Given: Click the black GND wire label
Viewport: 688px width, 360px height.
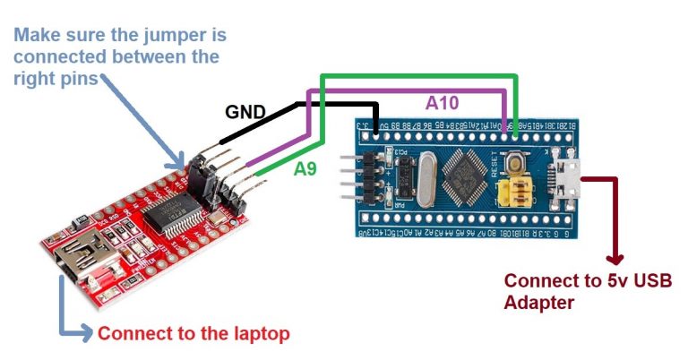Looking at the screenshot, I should [245, 113].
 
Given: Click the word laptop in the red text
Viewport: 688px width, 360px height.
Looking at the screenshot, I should [261, 334].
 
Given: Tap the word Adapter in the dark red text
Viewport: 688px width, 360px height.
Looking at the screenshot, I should [538, 303].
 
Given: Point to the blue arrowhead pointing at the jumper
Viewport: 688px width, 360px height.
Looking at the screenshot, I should [180, 163].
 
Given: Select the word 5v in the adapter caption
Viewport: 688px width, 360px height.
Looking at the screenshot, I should [601, 281].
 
